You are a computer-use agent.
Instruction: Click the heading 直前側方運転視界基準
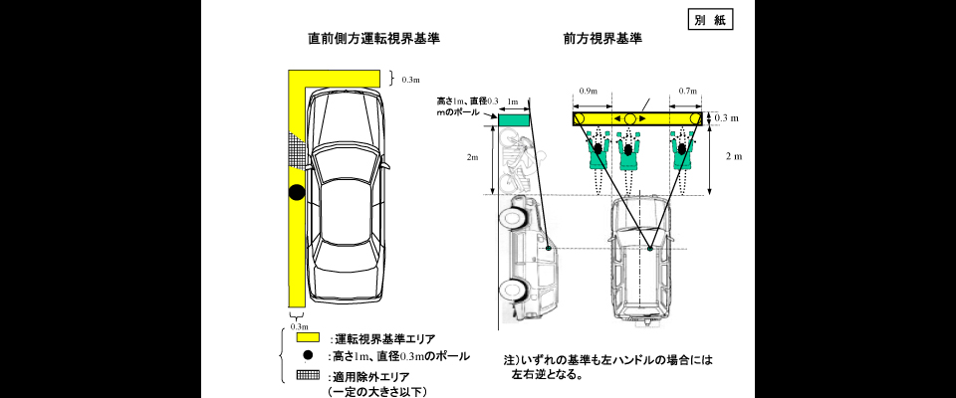pos(373,40)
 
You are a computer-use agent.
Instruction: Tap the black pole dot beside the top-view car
pos(296,193)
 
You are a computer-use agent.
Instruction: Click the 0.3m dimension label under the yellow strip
pos(298,326)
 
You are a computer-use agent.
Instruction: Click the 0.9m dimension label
pos(589,92)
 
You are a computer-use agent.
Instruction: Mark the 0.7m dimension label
pos(686,92)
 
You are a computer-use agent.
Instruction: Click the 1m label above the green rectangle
pos(513,101)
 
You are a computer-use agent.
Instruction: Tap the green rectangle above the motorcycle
pos(513,119)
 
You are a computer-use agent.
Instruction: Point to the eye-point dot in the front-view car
pos(649,250)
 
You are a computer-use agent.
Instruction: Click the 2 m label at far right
pos(735,156)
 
